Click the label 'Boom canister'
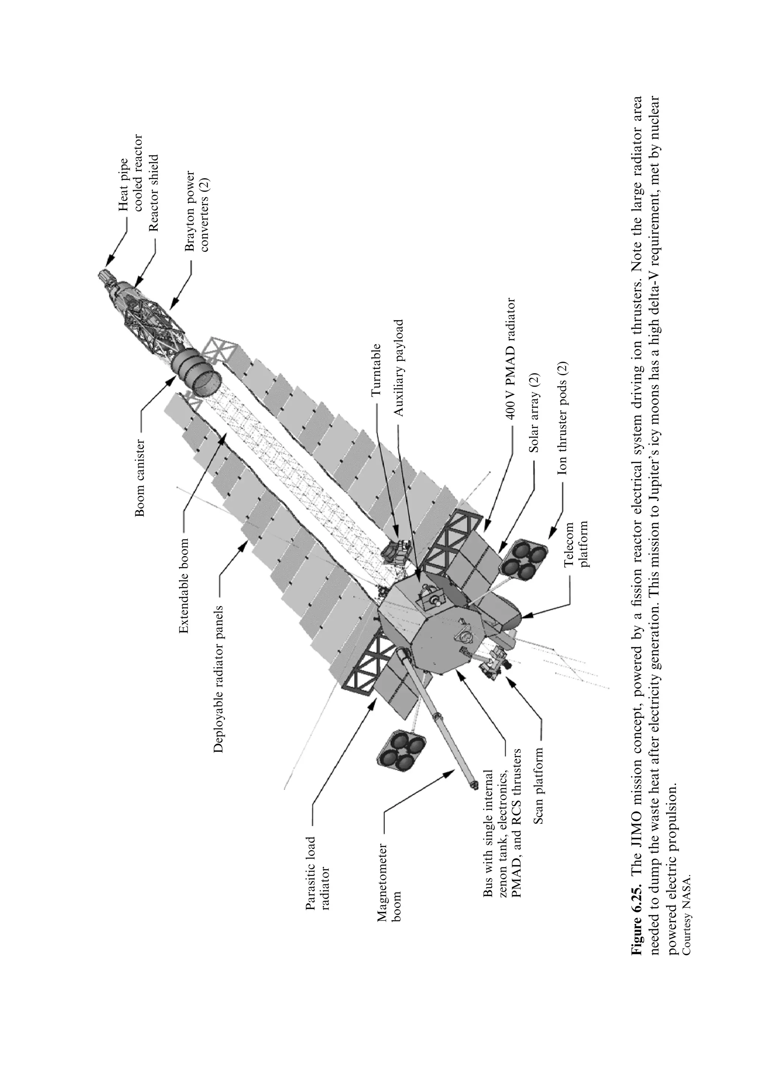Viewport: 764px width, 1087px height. pyautogui.click(x=140, y=478)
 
